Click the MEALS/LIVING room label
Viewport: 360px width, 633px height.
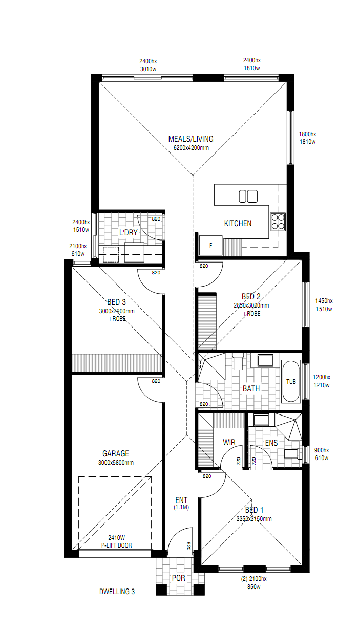[191, 139]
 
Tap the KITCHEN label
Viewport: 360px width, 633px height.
[238, 223]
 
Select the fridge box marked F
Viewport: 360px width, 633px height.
[210, 246]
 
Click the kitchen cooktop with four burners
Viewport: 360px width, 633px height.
[278, 222]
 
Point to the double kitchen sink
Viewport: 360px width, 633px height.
[248, 197]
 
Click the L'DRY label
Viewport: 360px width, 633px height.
[129, 232]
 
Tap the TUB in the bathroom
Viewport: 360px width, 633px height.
[291, 382]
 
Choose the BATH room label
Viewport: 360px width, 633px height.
[251, 388]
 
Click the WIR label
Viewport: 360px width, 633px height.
[229, 442]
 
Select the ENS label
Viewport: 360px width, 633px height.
[271, 443]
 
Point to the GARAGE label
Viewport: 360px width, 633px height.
[116, 453]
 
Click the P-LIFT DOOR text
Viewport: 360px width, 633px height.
[117, 545]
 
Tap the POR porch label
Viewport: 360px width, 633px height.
[178, 578]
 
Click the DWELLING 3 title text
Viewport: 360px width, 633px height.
[117, 592]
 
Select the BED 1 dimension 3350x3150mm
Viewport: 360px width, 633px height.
[254, 518]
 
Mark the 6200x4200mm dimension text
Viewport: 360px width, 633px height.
[191, 147]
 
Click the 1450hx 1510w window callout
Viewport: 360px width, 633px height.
[324, 305]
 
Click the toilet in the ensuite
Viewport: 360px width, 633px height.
[293, 453]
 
